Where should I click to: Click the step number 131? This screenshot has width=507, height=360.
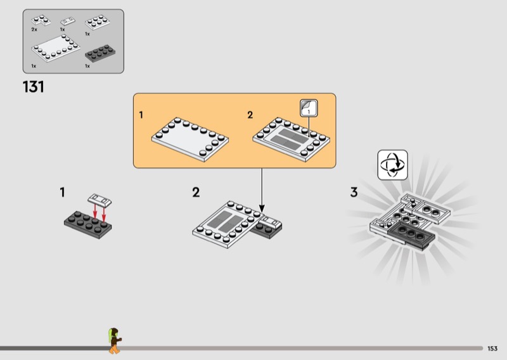[34, 87]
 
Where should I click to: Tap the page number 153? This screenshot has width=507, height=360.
[492, 349]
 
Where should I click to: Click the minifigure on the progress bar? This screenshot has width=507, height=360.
[114, 340]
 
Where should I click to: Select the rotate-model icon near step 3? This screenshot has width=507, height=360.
[392, 165]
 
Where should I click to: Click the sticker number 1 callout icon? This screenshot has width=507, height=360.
[309, 108]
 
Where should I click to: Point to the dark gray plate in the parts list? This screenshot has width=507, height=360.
[100, 53]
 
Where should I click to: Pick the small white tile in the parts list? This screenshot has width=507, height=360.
[68, 22]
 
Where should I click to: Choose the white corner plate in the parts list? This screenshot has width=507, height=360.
[41, 20]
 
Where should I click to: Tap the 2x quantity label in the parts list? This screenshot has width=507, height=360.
[34, 29]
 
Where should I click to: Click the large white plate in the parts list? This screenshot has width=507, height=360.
[56, 48]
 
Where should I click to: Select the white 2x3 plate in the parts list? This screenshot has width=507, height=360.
[97, 22]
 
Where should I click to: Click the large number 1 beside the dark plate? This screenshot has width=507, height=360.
[62, 193]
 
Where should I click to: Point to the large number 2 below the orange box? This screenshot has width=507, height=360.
[196, 193]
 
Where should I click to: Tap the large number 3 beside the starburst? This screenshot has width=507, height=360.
[354, 193]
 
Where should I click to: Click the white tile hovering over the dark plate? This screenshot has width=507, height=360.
[99, 200]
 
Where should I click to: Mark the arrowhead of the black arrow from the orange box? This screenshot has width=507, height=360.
[262, 209]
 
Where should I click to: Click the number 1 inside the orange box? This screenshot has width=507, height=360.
[141, 115]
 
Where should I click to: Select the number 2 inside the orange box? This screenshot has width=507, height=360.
[250, 115]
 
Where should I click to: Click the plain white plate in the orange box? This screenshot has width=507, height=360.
[190, 139]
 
